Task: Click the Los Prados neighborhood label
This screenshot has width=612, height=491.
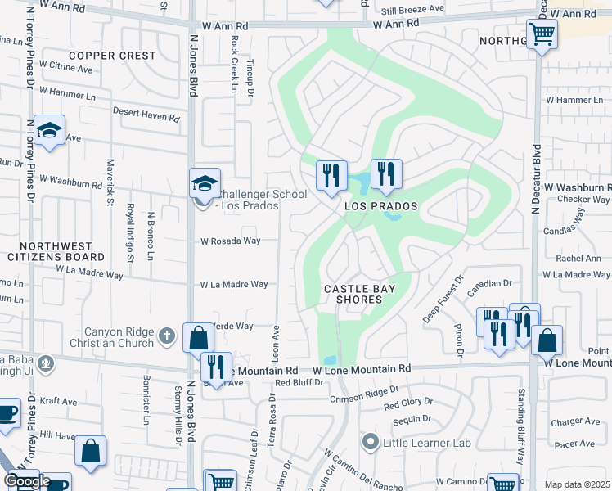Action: click(380, 206)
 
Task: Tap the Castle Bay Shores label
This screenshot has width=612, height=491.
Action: click(353, 294)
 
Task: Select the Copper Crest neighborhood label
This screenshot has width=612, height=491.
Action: click(112, 56)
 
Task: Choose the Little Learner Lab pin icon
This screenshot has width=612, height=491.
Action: click(371, 443)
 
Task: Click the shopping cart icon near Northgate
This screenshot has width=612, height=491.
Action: click(542, 34)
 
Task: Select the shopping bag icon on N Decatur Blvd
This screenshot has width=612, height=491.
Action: click(547, 338)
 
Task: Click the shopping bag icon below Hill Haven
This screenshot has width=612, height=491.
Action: click(90, 449)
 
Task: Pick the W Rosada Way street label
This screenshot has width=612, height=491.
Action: click(231, 241)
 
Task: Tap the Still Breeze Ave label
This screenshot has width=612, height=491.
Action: click(413, 10)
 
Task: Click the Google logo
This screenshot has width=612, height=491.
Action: click(26, 481)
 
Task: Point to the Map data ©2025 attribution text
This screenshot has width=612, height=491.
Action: click(577, 484)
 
